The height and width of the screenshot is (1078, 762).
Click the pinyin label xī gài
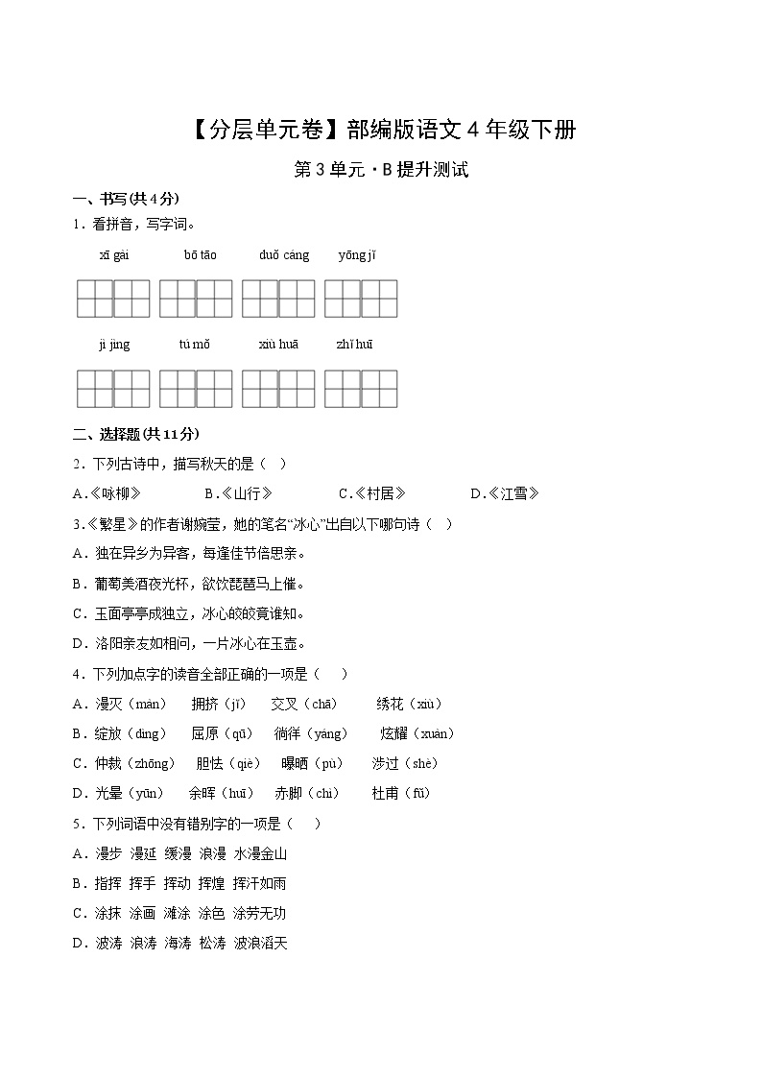[113, 254]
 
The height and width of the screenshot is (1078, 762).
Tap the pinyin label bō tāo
[201, 254]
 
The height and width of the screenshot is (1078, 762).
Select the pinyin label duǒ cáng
[284, 254]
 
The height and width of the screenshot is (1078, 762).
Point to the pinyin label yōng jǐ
[357, 254]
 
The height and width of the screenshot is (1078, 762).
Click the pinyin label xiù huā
[278, 345]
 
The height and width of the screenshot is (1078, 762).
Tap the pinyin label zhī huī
[355, 345]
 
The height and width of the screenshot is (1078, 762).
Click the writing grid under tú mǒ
[196, 389]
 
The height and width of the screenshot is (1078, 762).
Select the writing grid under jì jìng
[113, 389]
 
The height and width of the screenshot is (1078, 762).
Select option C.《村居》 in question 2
[372, 493]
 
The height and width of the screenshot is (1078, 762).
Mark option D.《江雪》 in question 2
[505, 493]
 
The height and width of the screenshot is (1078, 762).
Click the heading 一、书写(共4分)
[126, 199]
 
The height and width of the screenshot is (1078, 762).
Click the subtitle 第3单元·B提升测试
[381, 171]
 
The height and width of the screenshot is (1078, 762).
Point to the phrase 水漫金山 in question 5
[260, 853]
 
